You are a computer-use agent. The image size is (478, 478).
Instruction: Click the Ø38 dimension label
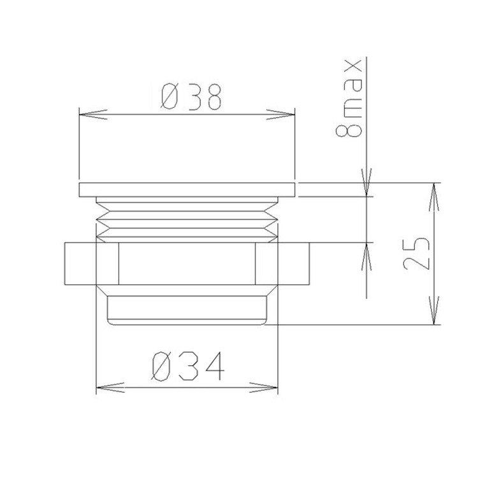coord(191,97)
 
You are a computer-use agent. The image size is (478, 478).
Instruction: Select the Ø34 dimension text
coord(188,366)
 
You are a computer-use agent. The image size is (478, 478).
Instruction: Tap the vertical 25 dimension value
coord(416,253)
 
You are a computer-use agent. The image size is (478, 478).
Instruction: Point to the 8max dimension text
coord(349,98)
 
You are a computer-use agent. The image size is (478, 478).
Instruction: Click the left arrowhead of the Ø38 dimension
coord(93,114)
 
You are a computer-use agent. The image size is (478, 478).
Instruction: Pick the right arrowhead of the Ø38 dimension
coord(281,114)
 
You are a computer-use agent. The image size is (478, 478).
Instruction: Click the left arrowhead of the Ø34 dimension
coord(110,387)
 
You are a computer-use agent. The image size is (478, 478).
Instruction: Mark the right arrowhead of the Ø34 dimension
coord(264,387)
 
